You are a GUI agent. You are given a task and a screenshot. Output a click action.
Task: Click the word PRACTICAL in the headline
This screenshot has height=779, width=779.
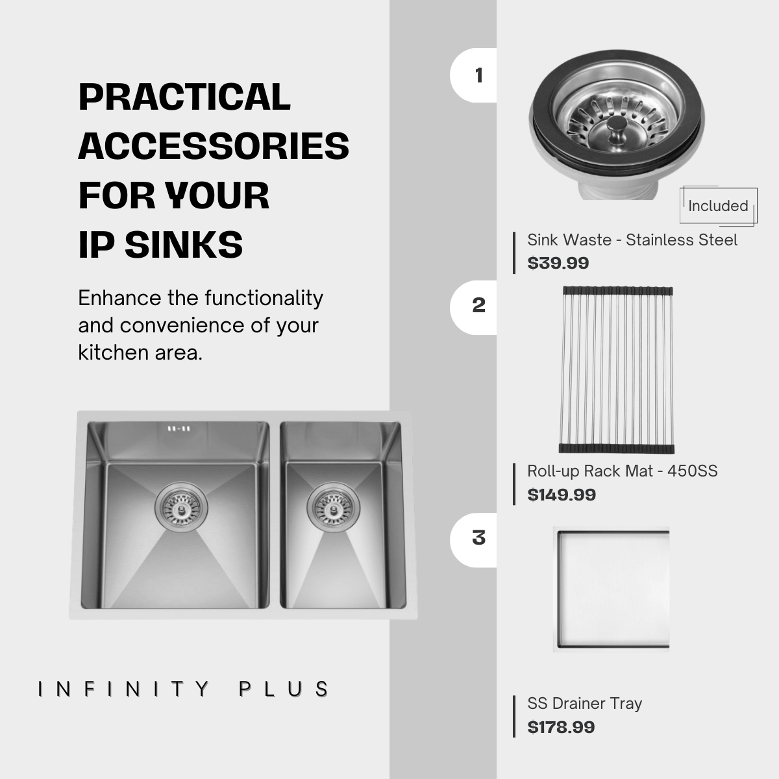tap(184, 97)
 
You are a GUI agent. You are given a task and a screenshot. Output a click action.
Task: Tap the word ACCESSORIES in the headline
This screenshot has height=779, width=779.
tap(214, 146)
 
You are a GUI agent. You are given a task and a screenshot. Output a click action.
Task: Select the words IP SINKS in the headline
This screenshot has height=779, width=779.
tap(160, 245)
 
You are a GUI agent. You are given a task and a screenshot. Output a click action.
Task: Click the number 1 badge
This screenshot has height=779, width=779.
tap(474, 75)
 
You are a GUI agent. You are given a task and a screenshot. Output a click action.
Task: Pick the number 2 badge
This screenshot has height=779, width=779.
tap(474, 307)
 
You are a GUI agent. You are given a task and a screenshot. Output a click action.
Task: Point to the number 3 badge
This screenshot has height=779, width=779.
tap(474, 540)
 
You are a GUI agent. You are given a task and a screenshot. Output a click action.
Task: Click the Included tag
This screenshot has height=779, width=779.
tap(719, 206)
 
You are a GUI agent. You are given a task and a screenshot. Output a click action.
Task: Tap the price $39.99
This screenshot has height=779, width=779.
tap(558, 263)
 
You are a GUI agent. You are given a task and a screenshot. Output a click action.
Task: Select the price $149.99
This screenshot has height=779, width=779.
tap(562, 495)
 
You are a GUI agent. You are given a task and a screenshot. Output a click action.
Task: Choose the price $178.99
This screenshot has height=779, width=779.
tap(561, 727)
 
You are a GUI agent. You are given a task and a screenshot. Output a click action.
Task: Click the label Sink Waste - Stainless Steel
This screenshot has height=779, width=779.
tap(632, 240)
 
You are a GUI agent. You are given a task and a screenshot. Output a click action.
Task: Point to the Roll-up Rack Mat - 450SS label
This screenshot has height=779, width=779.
tap(623, 471)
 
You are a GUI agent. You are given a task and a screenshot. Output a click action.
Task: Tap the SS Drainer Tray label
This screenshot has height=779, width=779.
tap(584, 704)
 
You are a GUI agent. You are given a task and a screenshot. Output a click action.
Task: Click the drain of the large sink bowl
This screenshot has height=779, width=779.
tap(181, 507)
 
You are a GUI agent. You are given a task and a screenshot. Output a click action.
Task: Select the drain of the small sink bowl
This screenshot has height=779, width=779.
tap(333, 507)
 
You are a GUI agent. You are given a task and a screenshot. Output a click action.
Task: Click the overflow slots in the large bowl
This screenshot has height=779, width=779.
tap(179, 428)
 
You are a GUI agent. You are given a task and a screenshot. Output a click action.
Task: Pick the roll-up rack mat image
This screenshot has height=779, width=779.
tap(617, 370)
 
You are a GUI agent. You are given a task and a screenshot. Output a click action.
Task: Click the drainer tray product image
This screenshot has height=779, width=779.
tap(612, 589)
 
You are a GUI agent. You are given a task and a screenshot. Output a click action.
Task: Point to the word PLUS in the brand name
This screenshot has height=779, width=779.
tap(284, 689)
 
